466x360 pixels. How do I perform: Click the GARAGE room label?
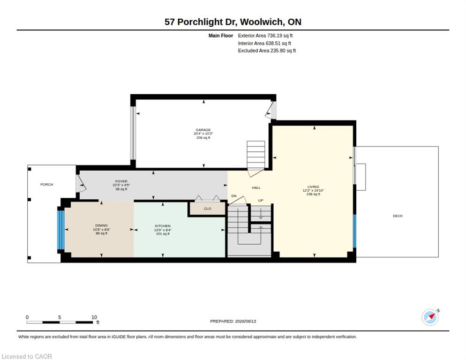(x=203, y=130)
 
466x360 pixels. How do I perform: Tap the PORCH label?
(x=47, y=185)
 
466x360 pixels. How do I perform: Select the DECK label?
(x=398, y=216)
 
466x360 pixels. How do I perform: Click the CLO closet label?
(x=207, y=209)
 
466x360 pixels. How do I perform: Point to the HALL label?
(x=256, y=187)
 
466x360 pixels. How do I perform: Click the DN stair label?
(x=234, y=196)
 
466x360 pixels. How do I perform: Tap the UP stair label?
(x=261, y=200)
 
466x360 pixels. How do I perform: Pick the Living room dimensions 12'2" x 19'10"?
(x=313, y=191)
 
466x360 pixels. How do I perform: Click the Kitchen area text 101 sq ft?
(x=163, y=233)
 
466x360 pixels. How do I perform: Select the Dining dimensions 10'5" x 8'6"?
(x=101, y=230)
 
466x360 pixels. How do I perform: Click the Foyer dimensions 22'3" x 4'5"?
(x=121, y=185)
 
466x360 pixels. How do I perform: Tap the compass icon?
(x=430, y=317)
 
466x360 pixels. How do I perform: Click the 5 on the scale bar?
(x=60, y=317)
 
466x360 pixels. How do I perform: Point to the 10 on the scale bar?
(x=94, y=317)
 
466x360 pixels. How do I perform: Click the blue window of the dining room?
(x=60, y=230)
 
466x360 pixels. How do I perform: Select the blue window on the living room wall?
(x=354, y=231)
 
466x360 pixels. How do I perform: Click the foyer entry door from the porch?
(x=80, y=184)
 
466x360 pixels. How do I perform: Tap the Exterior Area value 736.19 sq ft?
(x=280, y=36)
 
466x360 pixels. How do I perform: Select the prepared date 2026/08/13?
(x=246, y=322)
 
